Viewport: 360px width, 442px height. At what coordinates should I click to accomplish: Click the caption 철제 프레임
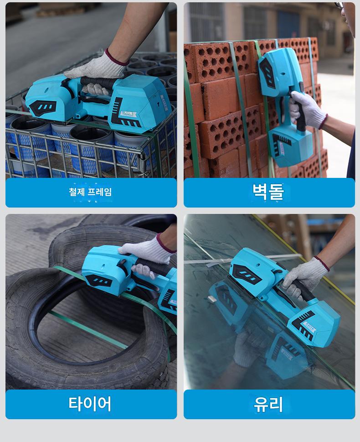(90, 192)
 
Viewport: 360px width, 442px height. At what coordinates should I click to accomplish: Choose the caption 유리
(268, 404)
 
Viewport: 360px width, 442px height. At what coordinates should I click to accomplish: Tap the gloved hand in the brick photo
(308, 109)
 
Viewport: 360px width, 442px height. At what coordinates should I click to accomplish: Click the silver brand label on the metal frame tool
(128, 114)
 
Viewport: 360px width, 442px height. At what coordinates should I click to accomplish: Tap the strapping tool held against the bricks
(284, 107)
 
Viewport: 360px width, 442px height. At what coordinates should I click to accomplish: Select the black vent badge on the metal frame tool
(42, 107)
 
